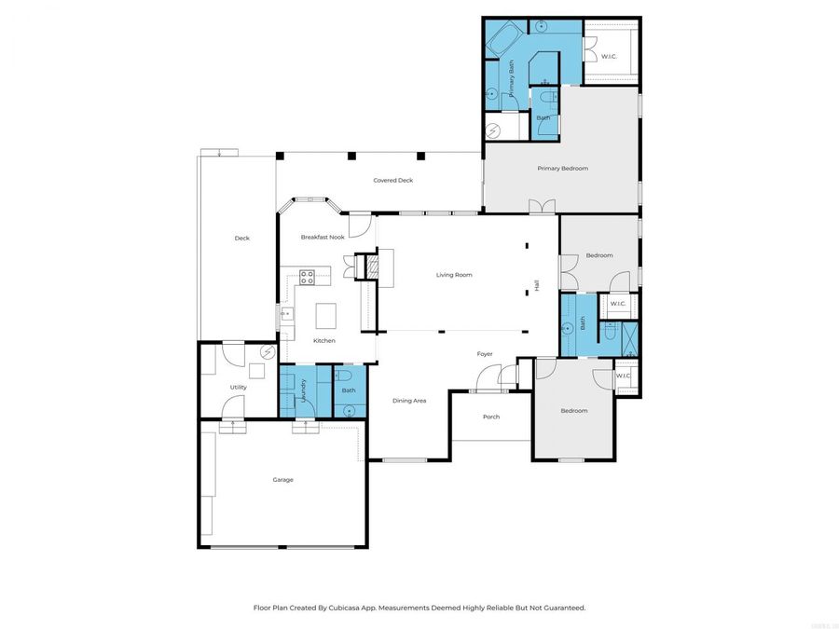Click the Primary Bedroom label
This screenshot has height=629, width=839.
[562, 169]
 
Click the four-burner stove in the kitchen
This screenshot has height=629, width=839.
[309, 275]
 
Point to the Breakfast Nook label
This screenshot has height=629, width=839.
[322, 238]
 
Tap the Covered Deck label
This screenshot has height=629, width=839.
[392, 180]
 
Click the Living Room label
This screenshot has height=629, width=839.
[455, 275]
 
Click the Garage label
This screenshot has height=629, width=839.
[282, 480]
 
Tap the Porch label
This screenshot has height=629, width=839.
[490, 417]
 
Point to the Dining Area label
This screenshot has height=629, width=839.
[409, 401]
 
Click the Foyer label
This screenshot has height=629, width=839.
[485, 354]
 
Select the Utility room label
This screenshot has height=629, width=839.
[238, 388]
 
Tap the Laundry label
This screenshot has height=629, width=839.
[304, 390]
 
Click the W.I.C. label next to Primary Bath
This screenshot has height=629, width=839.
[608, 57]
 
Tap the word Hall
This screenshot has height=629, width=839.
[536, 286]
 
